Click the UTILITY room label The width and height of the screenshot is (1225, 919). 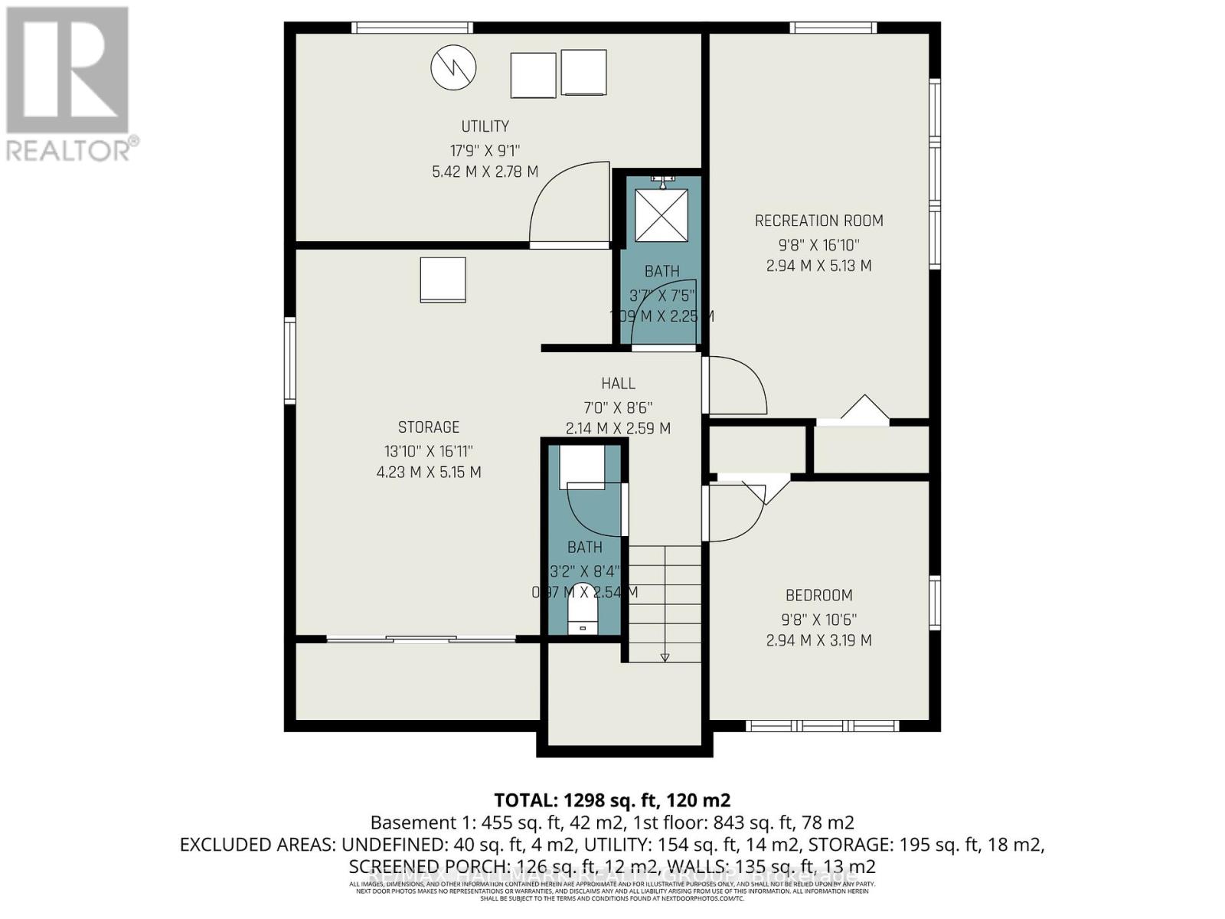pos(485,126)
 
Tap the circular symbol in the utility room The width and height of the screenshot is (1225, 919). pos(453,67)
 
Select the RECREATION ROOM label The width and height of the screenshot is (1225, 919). pos(818,221)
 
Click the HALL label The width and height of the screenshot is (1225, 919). pos(618,384)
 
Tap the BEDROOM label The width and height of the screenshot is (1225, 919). pos(818,595)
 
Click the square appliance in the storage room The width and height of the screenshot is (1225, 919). pos(443,280)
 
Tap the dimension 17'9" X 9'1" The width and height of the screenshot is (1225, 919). pos(485,150)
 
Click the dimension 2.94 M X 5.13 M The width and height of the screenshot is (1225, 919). pos(818,266)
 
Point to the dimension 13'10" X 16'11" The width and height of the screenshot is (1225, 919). pos(429,451)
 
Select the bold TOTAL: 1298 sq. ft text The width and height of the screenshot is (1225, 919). pos(612,800)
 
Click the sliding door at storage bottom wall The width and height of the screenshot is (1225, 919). pos(421,638)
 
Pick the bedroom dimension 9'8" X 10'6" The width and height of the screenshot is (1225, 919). pos(818,619)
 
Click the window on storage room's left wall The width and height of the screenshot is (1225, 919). pos(289,361)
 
